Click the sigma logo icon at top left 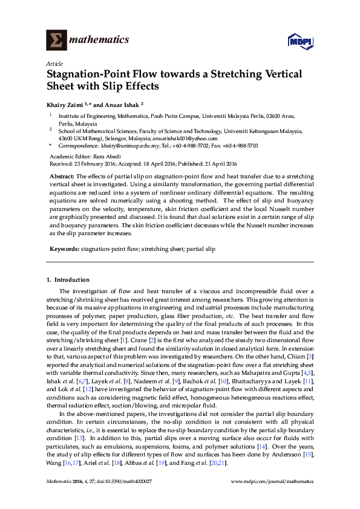pos(57,40)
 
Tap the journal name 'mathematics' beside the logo pos(100,40)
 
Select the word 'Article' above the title pos(54,63)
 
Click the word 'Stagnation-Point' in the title pos(93,74)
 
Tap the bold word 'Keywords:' pos(63,248)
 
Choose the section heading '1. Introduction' pos(68,280)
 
